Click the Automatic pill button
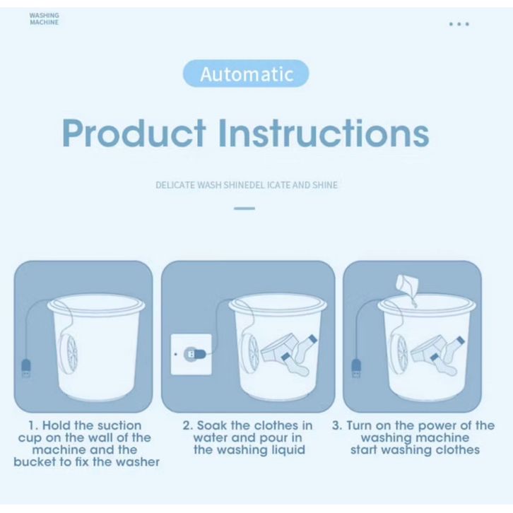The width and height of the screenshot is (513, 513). [x=246, y=73]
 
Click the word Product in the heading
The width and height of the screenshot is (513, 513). [x=134, y=133]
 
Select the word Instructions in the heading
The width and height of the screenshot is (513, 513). [x=324, y=133]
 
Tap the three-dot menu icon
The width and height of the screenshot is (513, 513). [x=459, y=24]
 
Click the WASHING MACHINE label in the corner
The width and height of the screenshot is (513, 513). [x=45, y=19]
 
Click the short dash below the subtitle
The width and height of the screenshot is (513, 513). [x=244, y=208]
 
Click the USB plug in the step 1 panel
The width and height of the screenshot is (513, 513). [x=26, y=368]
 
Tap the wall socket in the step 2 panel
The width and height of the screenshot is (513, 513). [x=191, y=354]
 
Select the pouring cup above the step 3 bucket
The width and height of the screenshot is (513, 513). [x=407, y=283]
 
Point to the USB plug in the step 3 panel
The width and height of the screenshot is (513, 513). [x=356, y=368]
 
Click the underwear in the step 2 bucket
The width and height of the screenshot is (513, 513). [x=278, y=349]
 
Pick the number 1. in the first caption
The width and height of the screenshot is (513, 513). [x=33, y=425]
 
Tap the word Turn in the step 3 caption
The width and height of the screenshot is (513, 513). [x=359, y=425]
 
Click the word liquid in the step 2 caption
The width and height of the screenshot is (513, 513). [x=288, y=451]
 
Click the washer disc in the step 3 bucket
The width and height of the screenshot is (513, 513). [x=399, y=354]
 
